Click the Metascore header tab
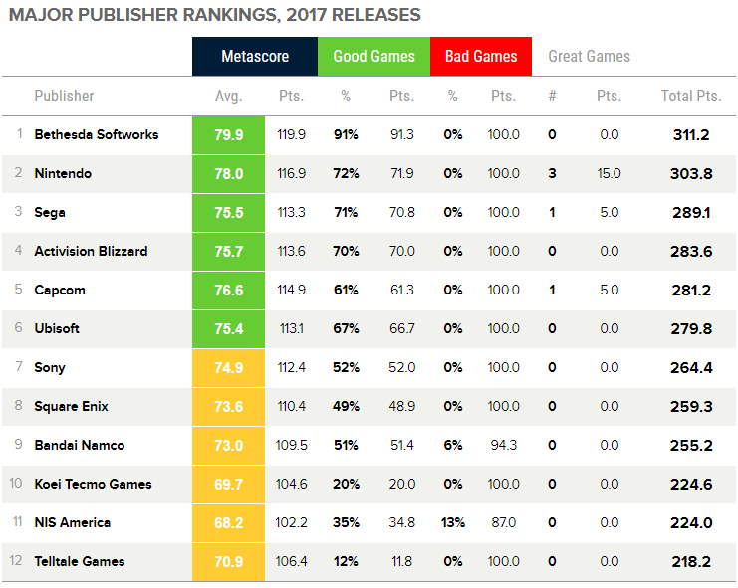(x=255, y=57)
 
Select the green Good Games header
(x=373, y=57)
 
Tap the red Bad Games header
(x=481, y=57)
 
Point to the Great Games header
(x=590, y=57)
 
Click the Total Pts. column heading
(x=690, y=97)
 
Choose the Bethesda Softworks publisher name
(x=96, y=134)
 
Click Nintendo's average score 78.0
(x=229, y=173)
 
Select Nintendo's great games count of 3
(x=552, y=173)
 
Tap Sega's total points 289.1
(x=690, y=212)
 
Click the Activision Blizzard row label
(x=91, y=251)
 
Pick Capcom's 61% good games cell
(x=347, y=290)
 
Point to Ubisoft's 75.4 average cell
(x=229, y=328)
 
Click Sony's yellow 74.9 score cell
(x=229, y=367)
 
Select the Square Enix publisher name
(x=71, y=406)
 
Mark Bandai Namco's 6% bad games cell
(x=453, y=445)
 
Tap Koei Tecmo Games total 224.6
(x=690, y=484)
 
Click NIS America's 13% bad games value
(x=453, y=522)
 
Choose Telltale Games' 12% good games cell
(x=347, y=561)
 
